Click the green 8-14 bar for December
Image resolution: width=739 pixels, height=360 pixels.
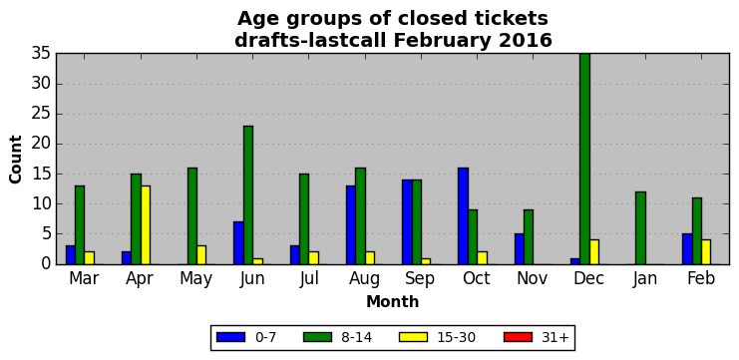pyautogui.click(x=584, y=159)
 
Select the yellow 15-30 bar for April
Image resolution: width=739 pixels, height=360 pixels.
pyautogui.click(x=146, y=224)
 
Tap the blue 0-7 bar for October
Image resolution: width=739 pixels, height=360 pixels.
pyautogui.click(x=463, y=215)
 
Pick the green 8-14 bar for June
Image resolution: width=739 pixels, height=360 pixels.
pyautogui.click(x=248, y=195)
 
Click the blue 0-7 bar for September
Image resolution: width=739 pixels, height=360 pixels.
pyautogui.click(x=407, y=222)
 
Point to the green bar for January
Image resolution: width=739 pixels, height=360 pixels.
pyautogui.click(x=640, y=228)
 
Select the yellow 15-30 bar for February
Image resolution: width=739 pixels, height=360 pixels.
pyautogui.click(x=706, y=252)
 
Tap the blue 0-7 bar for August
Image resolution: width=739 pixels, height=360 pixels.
pyautogui.click(x=351, y=224)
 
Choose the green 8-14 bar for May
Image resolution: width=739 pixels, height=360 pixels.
pyautogui.click(x=191, y=215)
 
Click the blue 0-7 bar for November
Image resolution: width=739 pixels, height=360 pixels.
pyautogui.click(x=519, y=248)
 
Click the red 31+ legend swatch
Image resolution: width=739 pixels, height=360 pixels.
pyautogui.click(x=518, y=337)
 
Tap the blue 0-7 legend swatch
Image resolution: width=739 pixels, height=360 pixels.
pyautogui.click(x=230, y=337)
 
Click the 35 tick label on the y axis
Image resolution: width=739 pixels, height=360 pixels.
pyautogui.click(x=41, y=54)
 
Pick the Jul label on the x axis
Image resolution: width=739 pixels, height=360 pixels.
pyautogui.click(x=309, y=279)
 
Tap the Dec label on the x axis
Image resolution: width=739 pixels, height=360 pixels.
pyautogui.click(x=588, y=279)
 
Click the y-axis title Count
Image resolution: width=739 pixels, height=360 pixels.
pyautogui.click(x=16, y=160)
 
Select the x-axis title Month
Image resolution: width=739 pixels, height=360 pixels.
pyautogui.click(x=393, y=301)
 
